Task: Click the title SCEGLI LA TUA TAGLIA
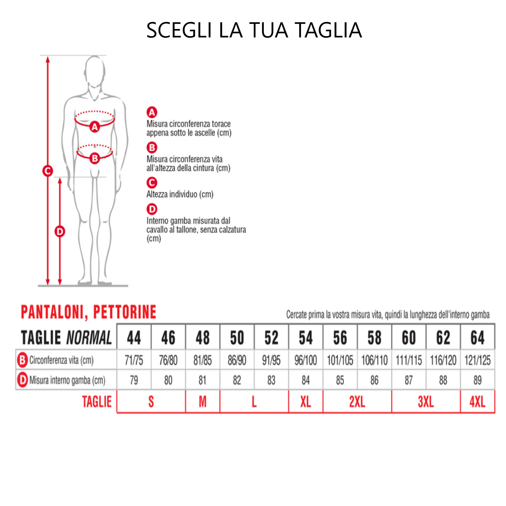pyautogui.click(x=254, y=30)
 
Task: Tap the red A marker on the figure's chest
pyautogui.click(x=95, y=127)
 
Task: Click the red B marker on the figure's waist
pyautogui.click(x=95, y=158)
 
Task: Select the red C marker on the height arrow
pyautogui.click(x=48, y=171)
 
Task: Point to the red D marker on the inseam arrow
pyautogui.click(x=60, y=231)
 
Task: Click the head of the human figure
pyautogui.click(x=95, y=72)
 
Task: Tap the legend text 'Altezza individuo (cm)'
pyautogui.click(x=180, y=194)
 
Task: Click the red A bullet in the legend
pyautogui.click(x=152, y=112)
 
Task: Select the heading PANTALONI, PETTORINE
pyautogui.click(x=88, y=312)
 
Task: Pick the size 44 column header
pyautogui.click(x=134, y=337)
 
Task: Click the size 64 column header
pyautogui.click(x=477, y=337)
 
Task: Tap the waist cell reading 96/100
pyautogui.click(x=306, y=360)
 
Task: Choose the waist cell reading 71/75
pyautogui.click(x=134, y=360)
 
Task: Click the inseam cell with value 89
pyautogui.click(x=477, y=380)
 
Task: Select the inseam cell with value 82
pyautogui.click(x=237, y=380)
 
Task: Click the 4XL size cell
pyautogui.click(x=477, y=402)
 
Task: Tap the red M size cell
pyautogui.click(x=202, y=402)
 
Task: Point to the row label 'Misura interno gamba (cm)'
pyautogui.click(x=67, y=380)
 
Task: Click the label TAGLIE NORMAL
pyautogui.click(x=66, y=338)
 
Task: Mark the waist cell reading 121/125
pyautogui.click(x=477, y=360)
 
